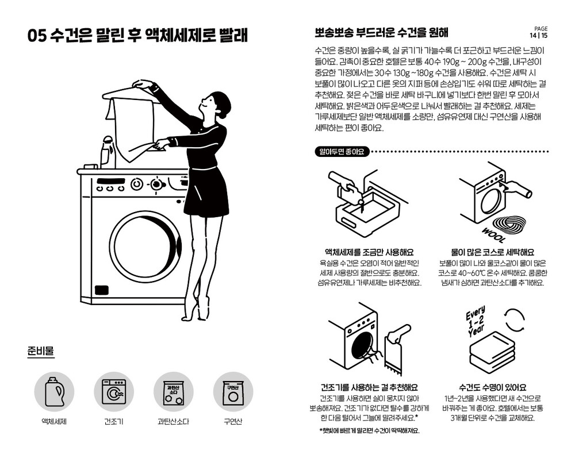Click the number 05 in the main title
click(37, 36)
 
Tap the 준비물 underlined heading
click(41, 351)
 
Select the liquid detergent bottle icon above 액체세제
click(54, 391)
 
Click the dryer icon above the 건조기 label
click(114, 392)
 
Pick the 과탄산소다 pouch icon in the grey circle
click(173, 392)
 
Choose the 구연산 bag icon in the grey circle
click(233, 392)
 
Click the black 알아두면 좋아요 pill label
click(342, 152)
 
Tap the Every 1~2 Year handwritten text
click(476, 321)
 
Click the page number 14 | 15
click(538, 36)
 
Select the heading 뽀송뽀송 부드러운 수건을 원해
click(381, 33)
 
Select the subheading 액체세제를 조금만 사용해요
click(369, 252)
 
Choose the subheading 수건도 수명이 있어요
click(493, 387)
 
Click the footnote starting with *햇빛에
click(369, 431)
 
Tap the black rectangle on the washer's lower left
click(102, 290)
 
